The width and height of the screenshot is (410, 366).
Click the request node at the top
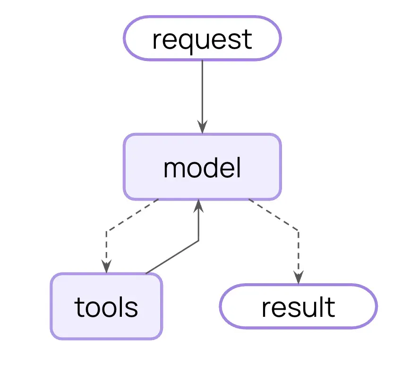202,38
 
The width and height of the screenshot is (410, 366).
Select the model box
202,167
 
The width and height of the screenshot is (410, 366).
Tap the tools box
106,306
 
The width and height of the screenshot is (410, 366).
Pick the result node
299,306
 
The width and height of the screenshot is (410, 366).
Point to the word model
202,167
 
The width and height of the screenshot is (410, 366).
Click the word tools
106,307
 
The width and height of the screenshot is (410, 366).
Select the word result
299,307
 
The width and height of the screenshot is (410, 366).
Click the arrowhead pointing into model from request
202,127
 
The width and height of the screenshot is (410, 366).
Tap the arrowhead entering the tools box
106,266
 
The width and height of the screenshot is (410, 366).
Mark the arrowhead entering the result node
299,277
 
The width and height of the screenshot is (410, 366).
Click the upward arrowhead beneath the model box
198,206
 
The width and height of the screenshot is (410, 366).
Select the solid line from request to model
202,97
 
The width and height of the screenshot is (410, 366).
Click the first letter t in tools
79,307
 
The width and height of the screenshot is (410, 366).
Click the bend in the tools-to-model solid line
198,241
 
